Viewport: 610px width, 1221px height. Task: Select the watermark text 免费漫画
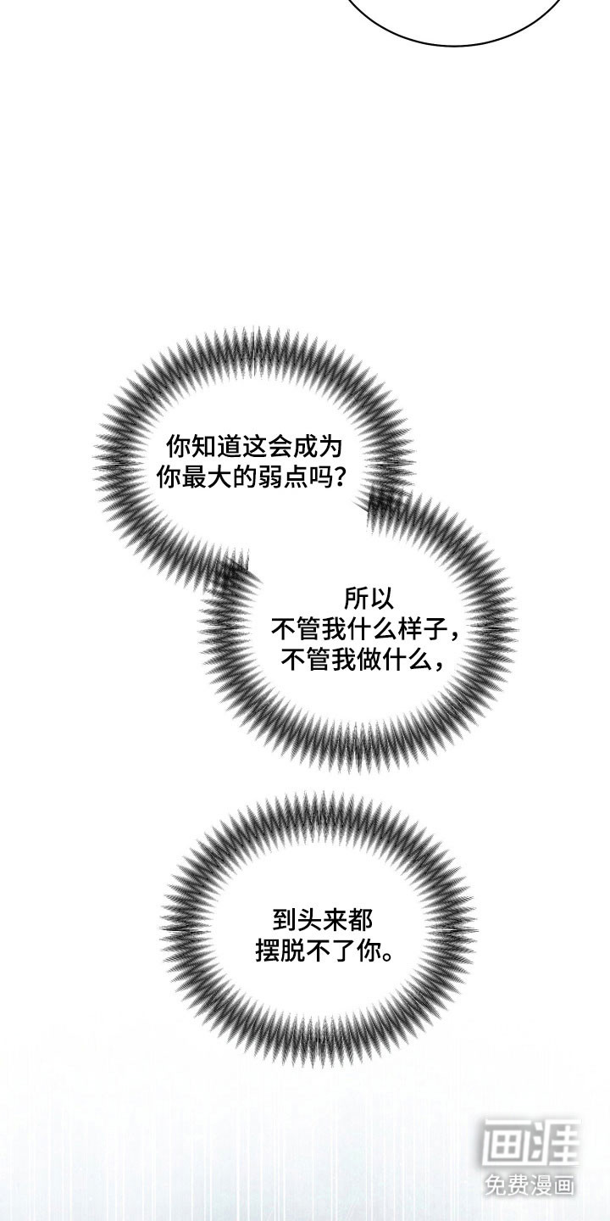click(530, 1183)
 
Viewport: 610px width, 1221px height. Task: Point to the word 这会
click(272, 446)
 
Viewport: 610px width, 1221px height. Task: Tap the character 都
click(356, 919)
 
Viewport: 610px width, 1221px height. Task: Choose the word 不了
click(332, 951)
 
